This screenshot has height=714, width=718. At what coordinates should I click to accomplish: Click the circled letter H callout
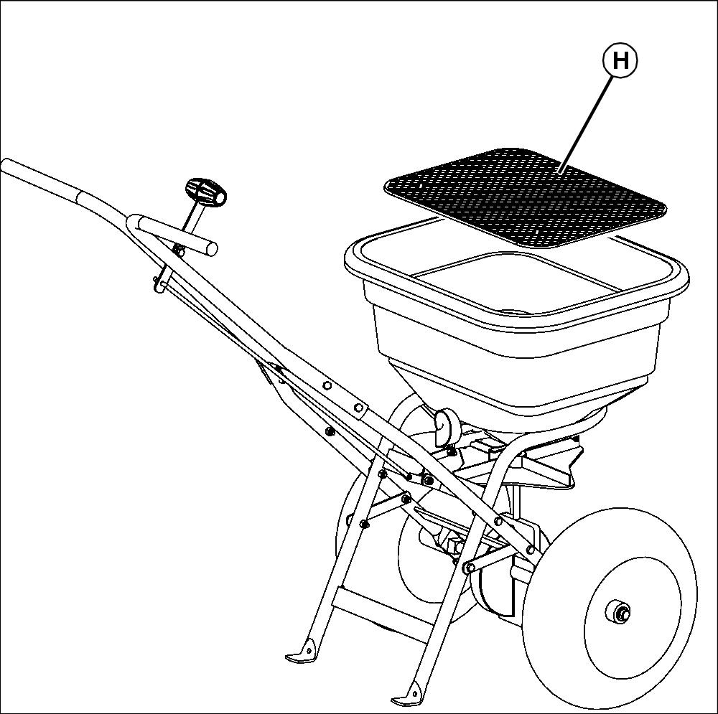click(x=620, y=60)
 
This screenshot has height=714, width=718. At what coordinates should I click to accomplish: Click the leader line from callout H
click(x=587, y=124)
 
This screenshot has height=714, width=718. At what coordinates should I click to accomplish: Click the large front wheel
click(x=610, y=608)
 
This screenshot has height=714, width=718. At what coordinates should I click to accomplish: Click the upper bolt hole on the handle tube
click(x=327, y=386)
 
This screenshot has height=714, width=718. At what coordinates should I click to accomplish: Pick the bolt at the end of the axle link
click(x=470, y=568)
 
